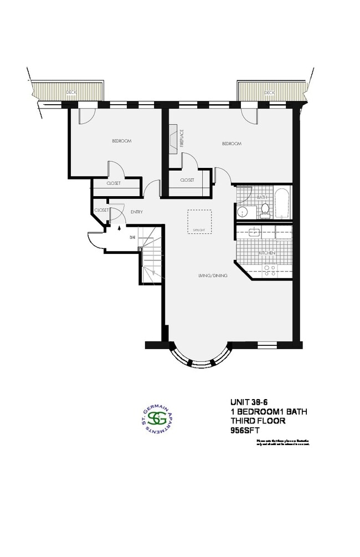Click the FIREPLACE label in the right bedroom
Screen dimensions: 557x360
181,138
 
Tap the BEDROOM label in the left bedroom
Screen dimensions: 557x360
121,141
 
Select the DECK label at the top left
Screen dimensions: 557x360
70,92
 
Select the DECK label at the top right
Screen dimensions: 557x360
269,92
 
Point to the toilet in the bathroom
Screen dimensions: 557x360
265,209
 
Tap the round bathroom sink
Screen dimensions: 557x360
242,212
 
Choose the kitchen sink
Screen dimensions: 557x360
255,232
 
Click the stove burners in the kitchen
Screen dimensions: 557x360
270,270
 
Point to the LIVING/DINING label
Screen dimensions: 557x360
211,275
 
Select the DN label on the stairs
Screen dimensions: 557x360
132,237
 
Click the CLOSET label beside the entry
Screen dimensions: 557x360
101,211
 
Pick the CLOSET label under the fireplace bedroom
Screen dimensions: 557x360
187,180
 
